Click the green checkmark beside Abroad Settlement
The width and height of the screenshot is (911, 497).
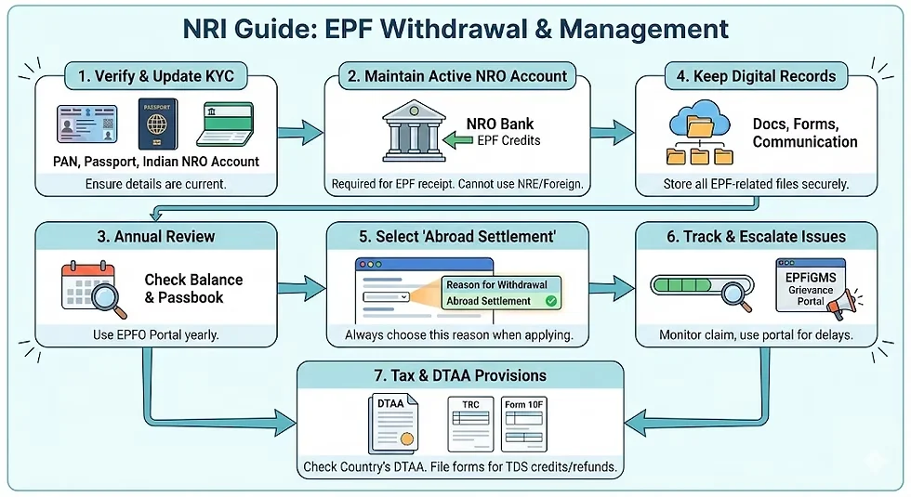[551, 301]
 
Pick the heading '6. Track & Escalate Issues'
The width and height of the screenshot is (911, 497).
[756, 236]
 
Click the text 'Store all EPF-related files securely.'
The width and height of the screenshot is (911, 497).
[756, 184]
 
